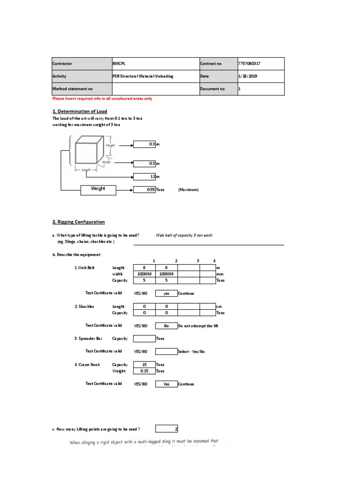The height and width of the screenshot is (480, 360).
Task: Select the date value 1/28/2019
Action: [x=247, y=76]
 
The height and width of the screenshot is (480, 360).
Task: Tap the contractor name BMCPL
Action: [x=119, y=64]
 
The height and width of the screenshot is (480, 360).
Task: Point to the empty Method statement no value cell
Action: [x=155, y=89]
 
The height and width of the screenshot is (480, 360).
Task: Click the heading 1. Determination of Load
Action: [x=80, y=111]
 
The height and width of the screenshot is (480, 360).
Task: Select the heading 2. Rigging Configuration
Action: [x=78, y=222]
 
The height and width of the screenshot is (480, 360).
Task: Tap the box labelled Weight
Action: [x=98, y=189]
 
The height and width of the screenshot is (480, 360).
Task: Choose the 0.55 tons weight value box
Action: [x=144, y=190]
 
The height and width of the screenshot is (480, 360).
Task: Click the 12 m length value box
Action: [x=144, y=177]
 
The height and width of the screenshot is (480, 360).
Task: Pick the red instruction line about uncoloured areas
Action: [x=102, y=99]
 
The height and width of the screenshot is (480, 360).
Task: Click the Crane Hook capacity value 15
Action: [x=144, y=364]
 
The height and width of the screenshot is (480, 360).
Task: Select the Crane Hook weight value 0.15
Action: [x=144, y=371]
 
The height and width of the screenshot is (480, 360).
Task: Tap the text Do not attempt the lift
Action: [x=198, y=325]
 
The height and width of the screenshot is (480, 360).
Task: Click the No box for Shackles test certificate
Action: [x=166, y=325]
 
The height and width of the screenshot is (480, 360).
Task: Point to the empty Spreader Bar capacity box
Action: [x=144, y=338]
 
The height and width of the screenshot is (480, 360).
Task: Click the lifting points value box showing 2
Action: [x=166, y=428]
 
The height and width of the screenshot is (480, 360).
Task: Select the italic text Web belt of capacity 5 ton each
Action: [x=184, y=235]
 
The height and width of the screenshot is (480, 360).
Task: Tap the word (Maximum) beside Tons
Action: [x=188, y=190]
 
